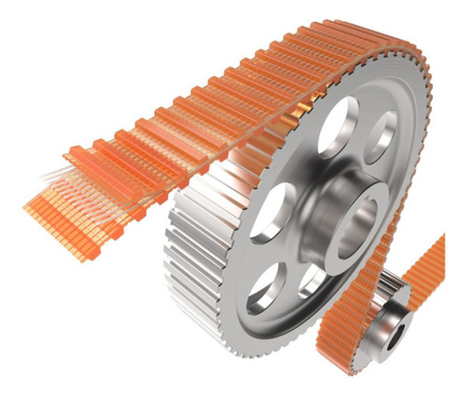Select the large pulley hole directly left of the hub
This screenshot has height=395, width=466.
[273, 210]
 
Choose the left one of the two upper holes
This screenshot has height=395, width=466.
[335, 130]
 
